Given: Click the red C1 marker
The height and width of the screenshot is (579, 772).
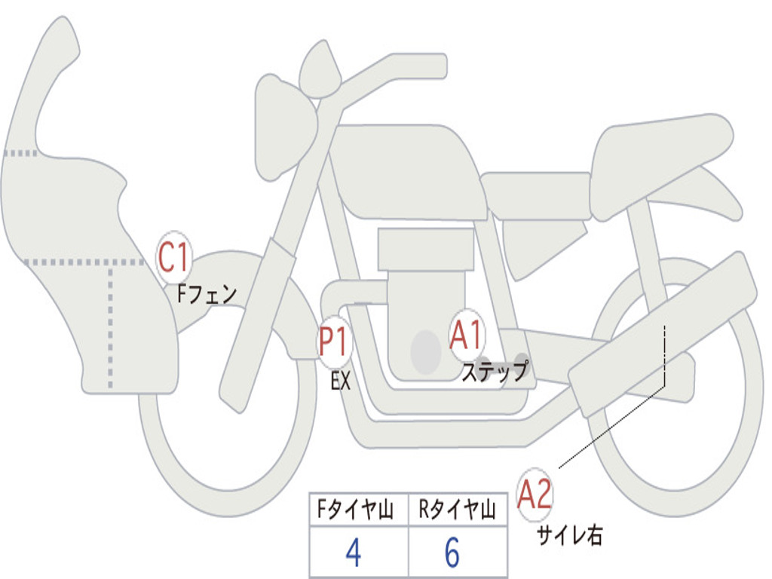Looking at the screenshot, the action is tap(174, 257).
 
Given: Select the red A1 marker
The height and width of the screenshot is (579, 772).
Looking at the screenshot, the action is tap(466, 335).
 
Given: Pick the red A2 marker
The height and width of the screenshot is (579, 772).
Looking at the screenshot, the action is tap(535, 495).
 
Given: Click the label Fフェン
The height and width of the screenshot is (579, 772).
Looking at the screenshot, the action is tap(207, 295).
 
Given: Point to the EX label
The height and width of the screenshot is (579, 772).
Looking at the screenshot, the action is tap(341, 381).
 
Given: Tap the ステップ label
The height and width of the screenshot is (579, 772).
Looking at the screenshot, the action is tap(495, 371).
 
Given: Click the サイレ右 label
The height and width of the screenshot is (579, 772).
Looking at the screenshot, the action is tap(570, 535).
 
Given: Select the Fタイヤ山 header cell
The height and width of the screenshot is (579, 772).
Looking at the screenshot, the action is tap(359, 509).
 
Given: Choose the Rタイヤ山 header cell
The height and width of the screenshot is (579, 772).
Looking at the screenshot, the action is tap(458, 509).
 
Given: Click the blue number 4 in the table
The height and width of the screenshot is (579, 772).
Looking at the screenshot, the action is tap(353, 552).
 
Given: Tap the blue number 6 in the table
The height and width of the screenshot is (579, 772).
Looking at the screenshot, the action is tap(452, 552).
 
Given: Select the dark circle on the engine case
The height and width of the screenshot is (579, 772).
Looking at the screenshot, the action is tap(426, 352).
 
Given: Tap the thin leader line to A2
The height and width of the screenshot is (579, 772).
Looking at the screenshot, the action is tap(612, 426).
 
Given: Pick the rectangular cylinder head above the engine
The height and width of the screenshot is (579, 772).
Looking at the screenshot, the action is tap(427, 249).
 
